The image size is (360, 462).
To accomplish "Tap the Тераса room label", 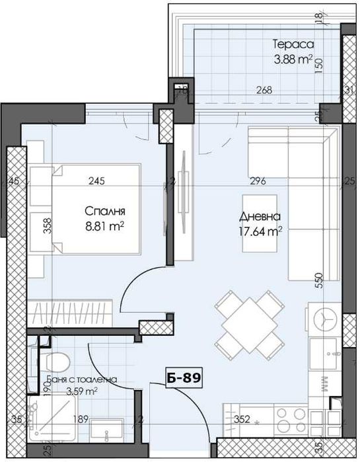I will coord(291,45).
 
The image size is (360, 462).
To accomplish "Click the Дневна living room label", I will coord(262,216).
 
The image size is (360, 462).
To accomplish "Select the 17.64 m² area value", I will coord(262,231).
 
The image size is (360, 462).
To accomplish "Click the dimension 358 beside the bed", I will coord(47,227).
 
